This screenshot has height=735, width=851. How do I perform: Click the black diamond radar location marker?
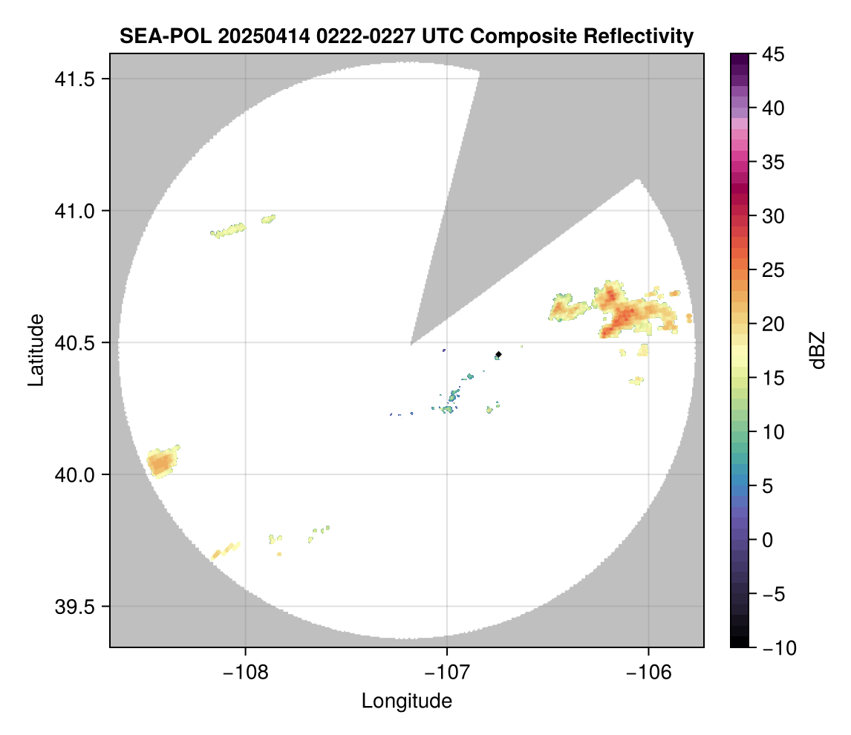coord(498,354)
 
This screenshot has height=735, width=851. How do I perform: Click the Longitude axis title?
coord(406,700)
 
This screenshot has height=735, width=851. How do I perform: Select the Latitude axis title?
coord(36,350)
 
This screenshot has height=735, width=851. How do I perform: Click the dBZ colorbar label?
coord(818,350)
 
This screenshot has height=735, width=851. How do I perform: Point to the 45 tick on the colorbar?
coord(772,54)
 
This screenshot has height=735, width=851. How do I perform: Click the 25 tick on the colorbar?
coord(772,270)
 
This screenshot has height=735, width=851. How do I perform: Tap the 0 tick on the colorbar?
coord(768,540)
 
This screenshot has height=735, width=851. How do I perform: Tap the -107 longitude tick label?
coord(446,672)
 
